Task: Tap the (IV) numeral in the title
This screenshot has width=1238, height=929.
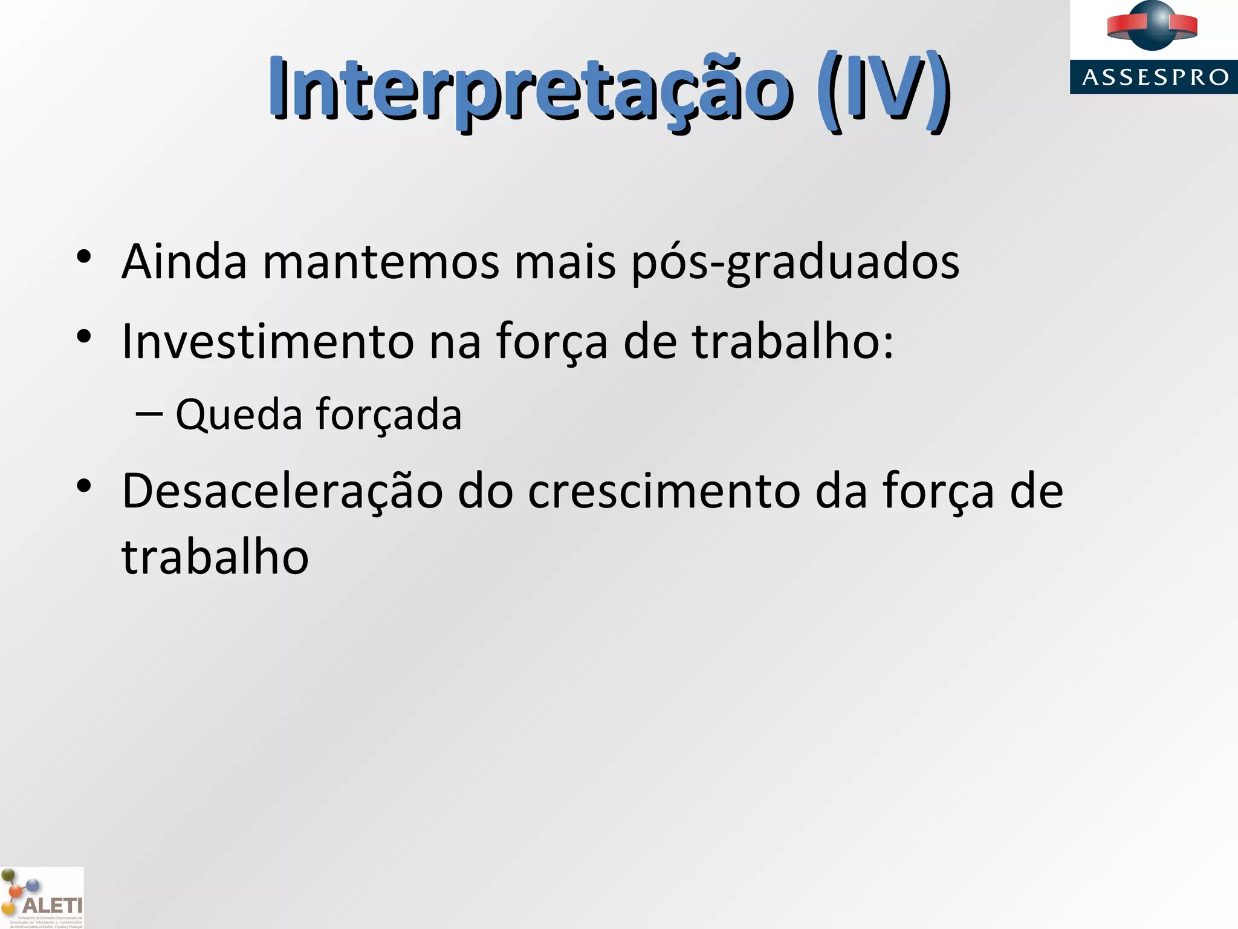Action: coord(883,91)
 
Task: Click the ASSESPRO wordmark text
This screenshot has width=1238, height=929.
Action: coord(1155,77)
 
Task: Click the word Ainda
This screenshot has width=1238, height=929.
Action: coord(184,261)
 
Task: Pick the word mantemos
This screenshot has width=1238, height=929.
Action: coord(381,261)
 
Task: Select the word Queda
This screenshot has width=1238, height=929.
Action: coord(239,415)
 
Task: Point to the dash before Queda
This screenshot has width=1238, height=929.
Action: coord(149,414)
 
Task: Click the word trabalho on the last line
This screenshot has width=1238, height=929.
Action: coord(215,556)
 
